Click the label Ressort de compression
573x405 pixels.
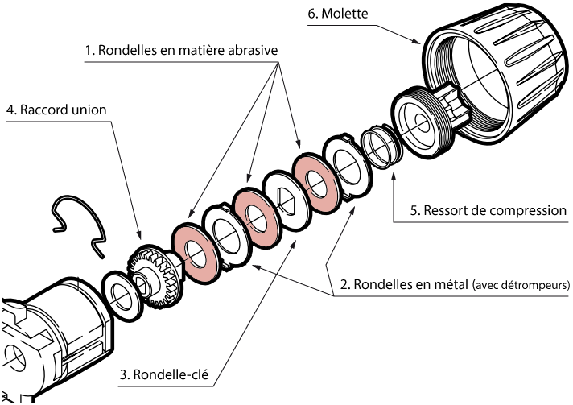(488, 212)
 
